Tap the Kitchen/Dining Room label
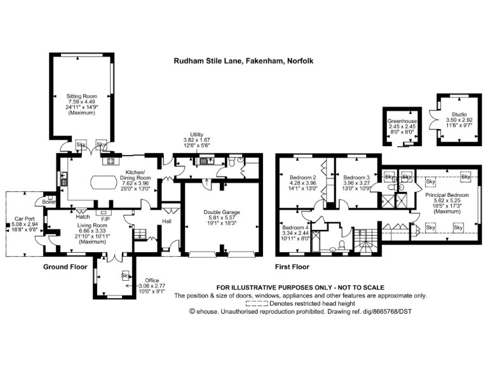[x=135, y=172]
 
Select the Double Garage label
[x=221, y=213]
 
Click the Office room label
[x=151, y=280]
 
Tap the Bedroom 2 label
[x=302, y=177]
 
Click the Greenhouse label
[x=402, y=120]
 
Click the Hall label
[x=166, y=221]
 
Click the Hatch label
[x=83, y=217]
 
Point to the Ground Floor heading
[x=65, y=267]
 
